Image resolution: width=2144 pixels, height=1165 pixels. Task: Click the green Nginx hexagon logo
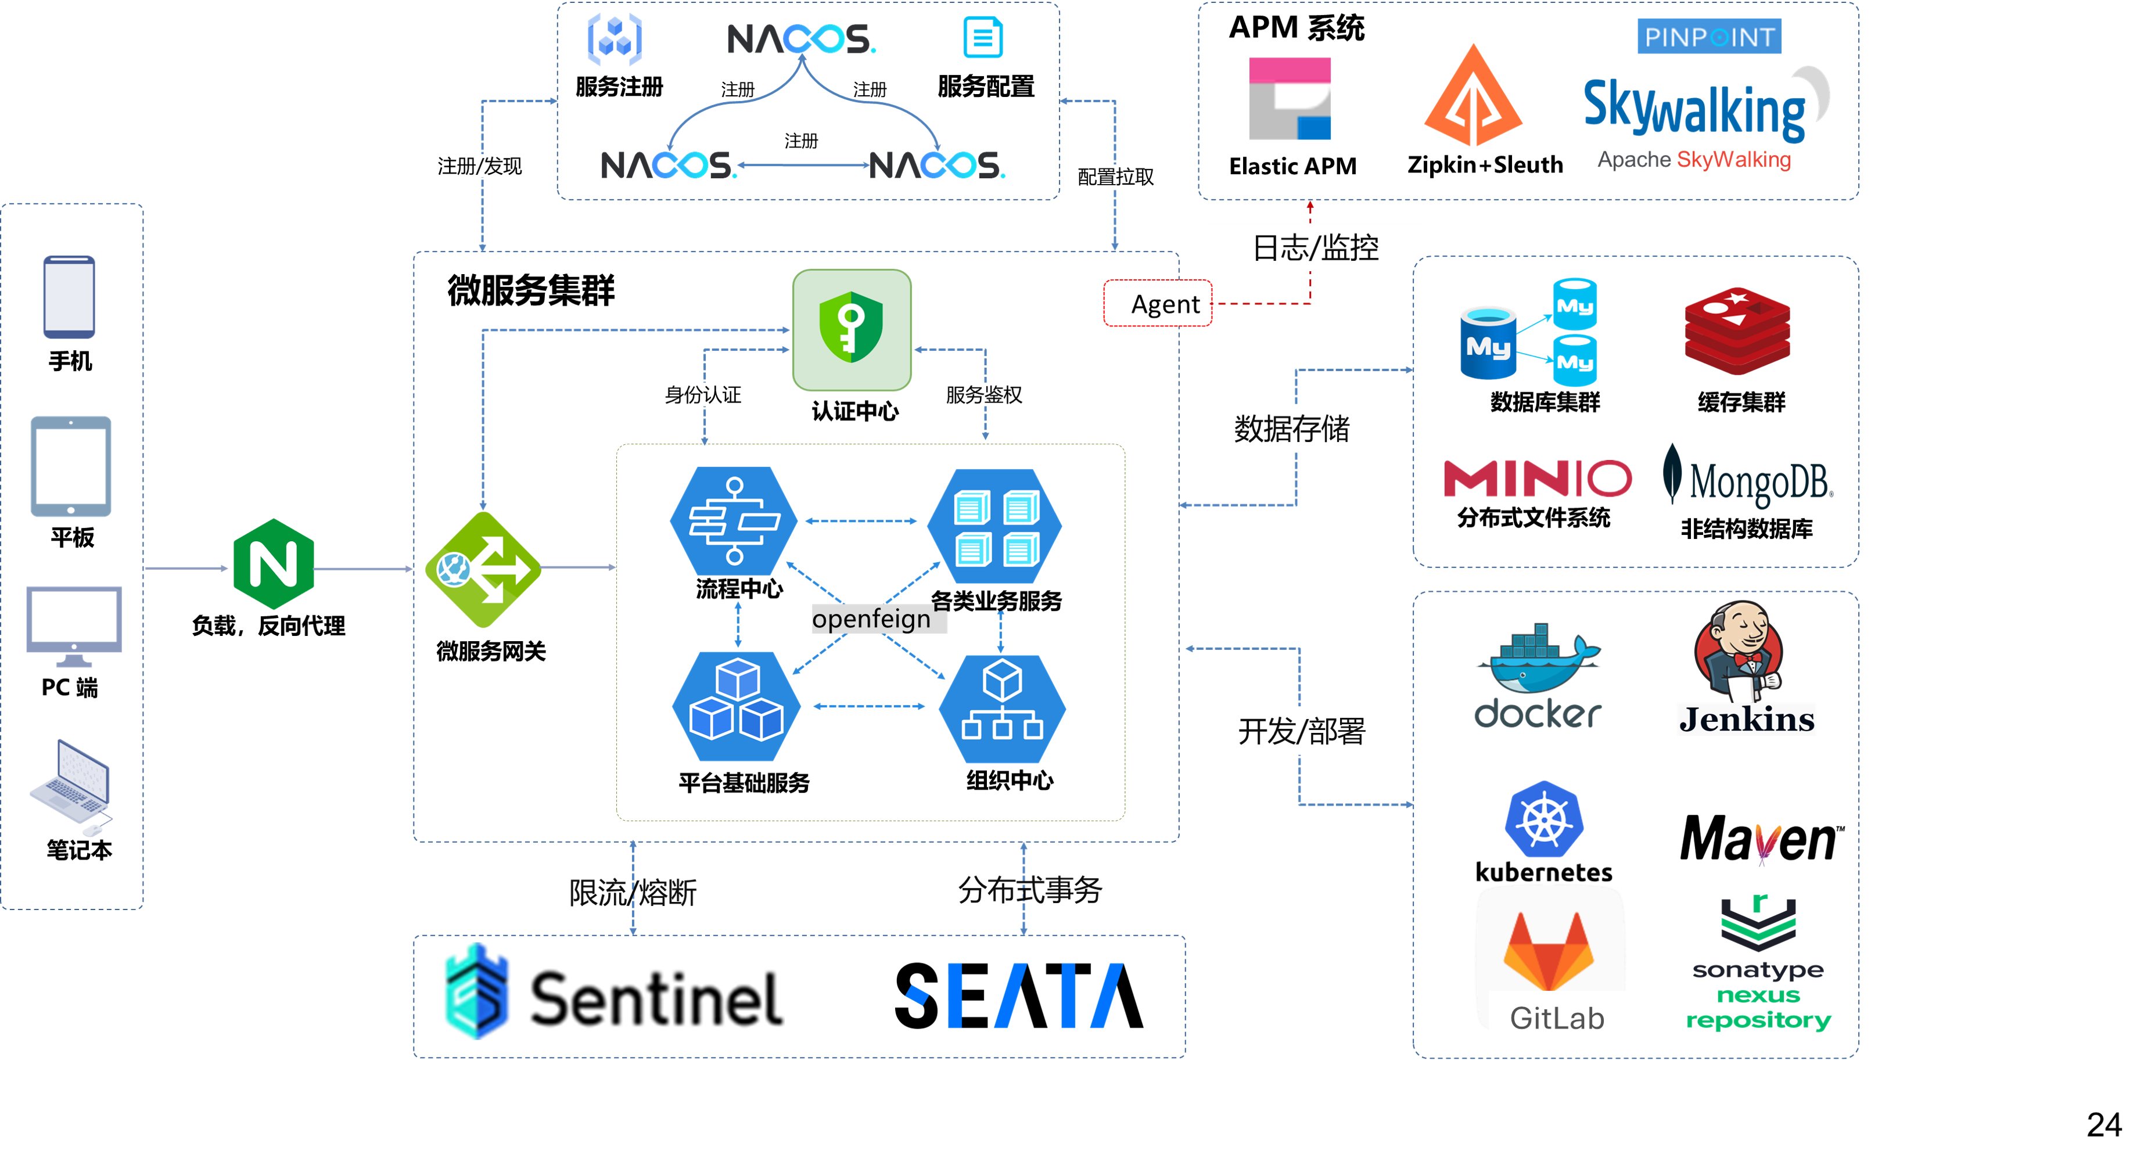click(274, 564)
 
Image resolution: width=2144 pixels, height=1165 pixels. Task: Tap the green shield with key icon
click(852, 329)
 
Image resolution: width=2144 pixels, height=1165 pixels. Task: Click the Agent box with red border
click(1158, 304)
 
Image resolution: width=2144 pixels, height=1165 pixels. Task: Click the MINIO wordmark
click(1537, 479)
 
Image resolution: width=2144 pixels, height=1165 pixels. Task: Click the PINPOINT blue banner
click(1709, 37)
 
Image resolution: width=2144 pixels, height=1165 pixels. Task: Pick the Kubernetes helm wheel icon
click(1544, 819)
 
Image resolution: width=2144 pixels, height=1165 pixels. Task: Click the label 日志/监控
click(1315, 247)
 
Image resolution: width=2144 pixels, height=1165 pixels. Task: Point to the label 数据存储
click(1292, 429)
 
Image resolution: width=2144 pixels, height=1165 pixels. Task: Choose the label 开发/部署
click(1302, 731)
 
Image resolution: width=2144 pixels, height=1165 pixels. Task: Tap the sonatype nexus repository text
click(1759, 995)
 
